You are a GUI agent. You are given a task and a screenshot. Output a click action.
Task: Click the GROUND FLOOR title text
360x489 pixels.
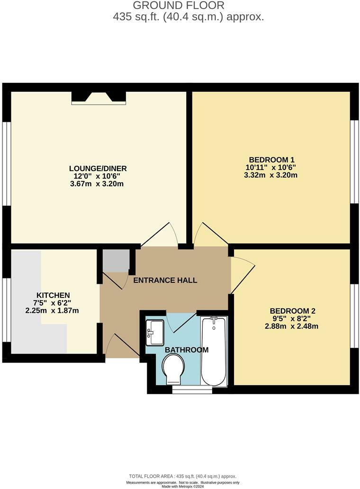click(179, 6)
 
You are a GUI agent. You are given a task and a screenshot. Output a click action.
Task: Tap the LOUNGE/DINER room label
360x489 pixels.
click(98, 168)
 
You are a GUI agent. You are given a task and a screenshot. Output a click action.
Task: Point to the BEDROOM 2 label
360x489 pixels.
click(292, 311)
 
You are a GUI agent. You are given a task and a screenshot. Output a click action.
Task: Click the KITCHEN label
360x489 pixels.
click(52, 295)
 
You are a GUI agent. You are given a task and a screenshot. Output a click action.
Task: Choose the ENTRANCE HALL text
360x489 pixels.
click(165, 280)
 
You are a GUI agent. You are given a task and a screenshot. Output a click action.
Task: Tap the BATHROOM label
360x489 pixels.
click(187, 350)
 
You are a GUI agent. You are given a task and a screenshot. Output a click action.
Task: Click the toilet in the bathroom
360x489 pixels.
click(173, 370)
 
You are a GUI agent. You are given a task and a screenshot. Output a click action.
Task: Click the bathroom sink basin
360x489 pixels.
click(154, 332)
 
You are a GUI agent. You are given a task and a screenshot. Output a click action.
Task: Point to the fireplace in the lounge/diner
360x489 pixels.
click(99, 98)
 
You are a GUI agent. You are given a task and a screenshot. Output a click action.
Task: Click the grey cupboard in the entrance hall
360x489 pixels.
click(116, 260)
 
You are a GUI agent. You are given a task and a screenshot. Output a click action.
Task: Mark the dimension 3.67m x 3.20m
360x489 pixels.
click(97, 184)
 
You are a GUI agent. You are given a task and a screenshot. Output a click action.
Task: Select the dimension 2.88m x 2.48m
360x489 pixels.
click(294, 326)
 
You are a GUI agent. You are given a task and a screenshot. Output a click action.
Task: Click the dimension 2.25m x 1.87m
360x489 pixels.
click(52, 311)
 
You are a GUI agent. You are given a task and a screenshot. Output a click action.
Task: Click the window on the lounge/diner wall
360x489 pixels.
click(7, 164)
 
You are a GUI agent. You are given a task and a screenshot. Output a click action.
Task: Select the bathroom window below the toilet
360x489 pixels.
click(192, 389)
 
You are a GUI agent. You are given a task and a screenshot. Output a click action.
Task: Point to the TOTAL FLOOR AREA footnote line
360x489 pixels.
click(182, 476)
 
